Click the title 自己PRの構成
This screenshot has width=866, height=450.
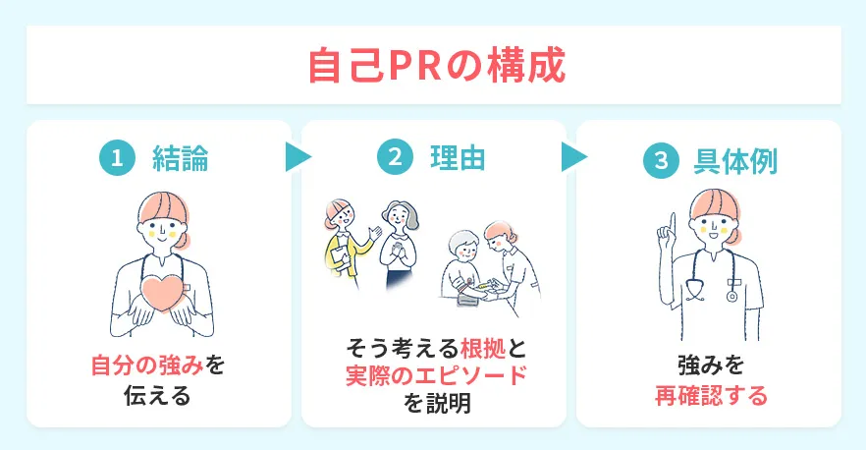pyautogui.click(x=433, y=65)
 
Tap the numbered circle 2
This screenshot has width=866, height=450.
pyautogui.click(x=395, y=158)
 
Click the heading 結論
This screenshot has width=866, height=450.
pyautogui.click(x=180, y=160)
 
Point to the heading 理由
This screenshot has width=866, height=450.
pyautogui.click(x=457, y=158)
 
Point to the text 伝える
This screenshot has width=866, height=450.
pyautogui.click(x=158, y=398)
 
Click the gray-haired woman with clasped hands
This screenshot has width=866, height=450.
pyautogui.click(x=399, y=241)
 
